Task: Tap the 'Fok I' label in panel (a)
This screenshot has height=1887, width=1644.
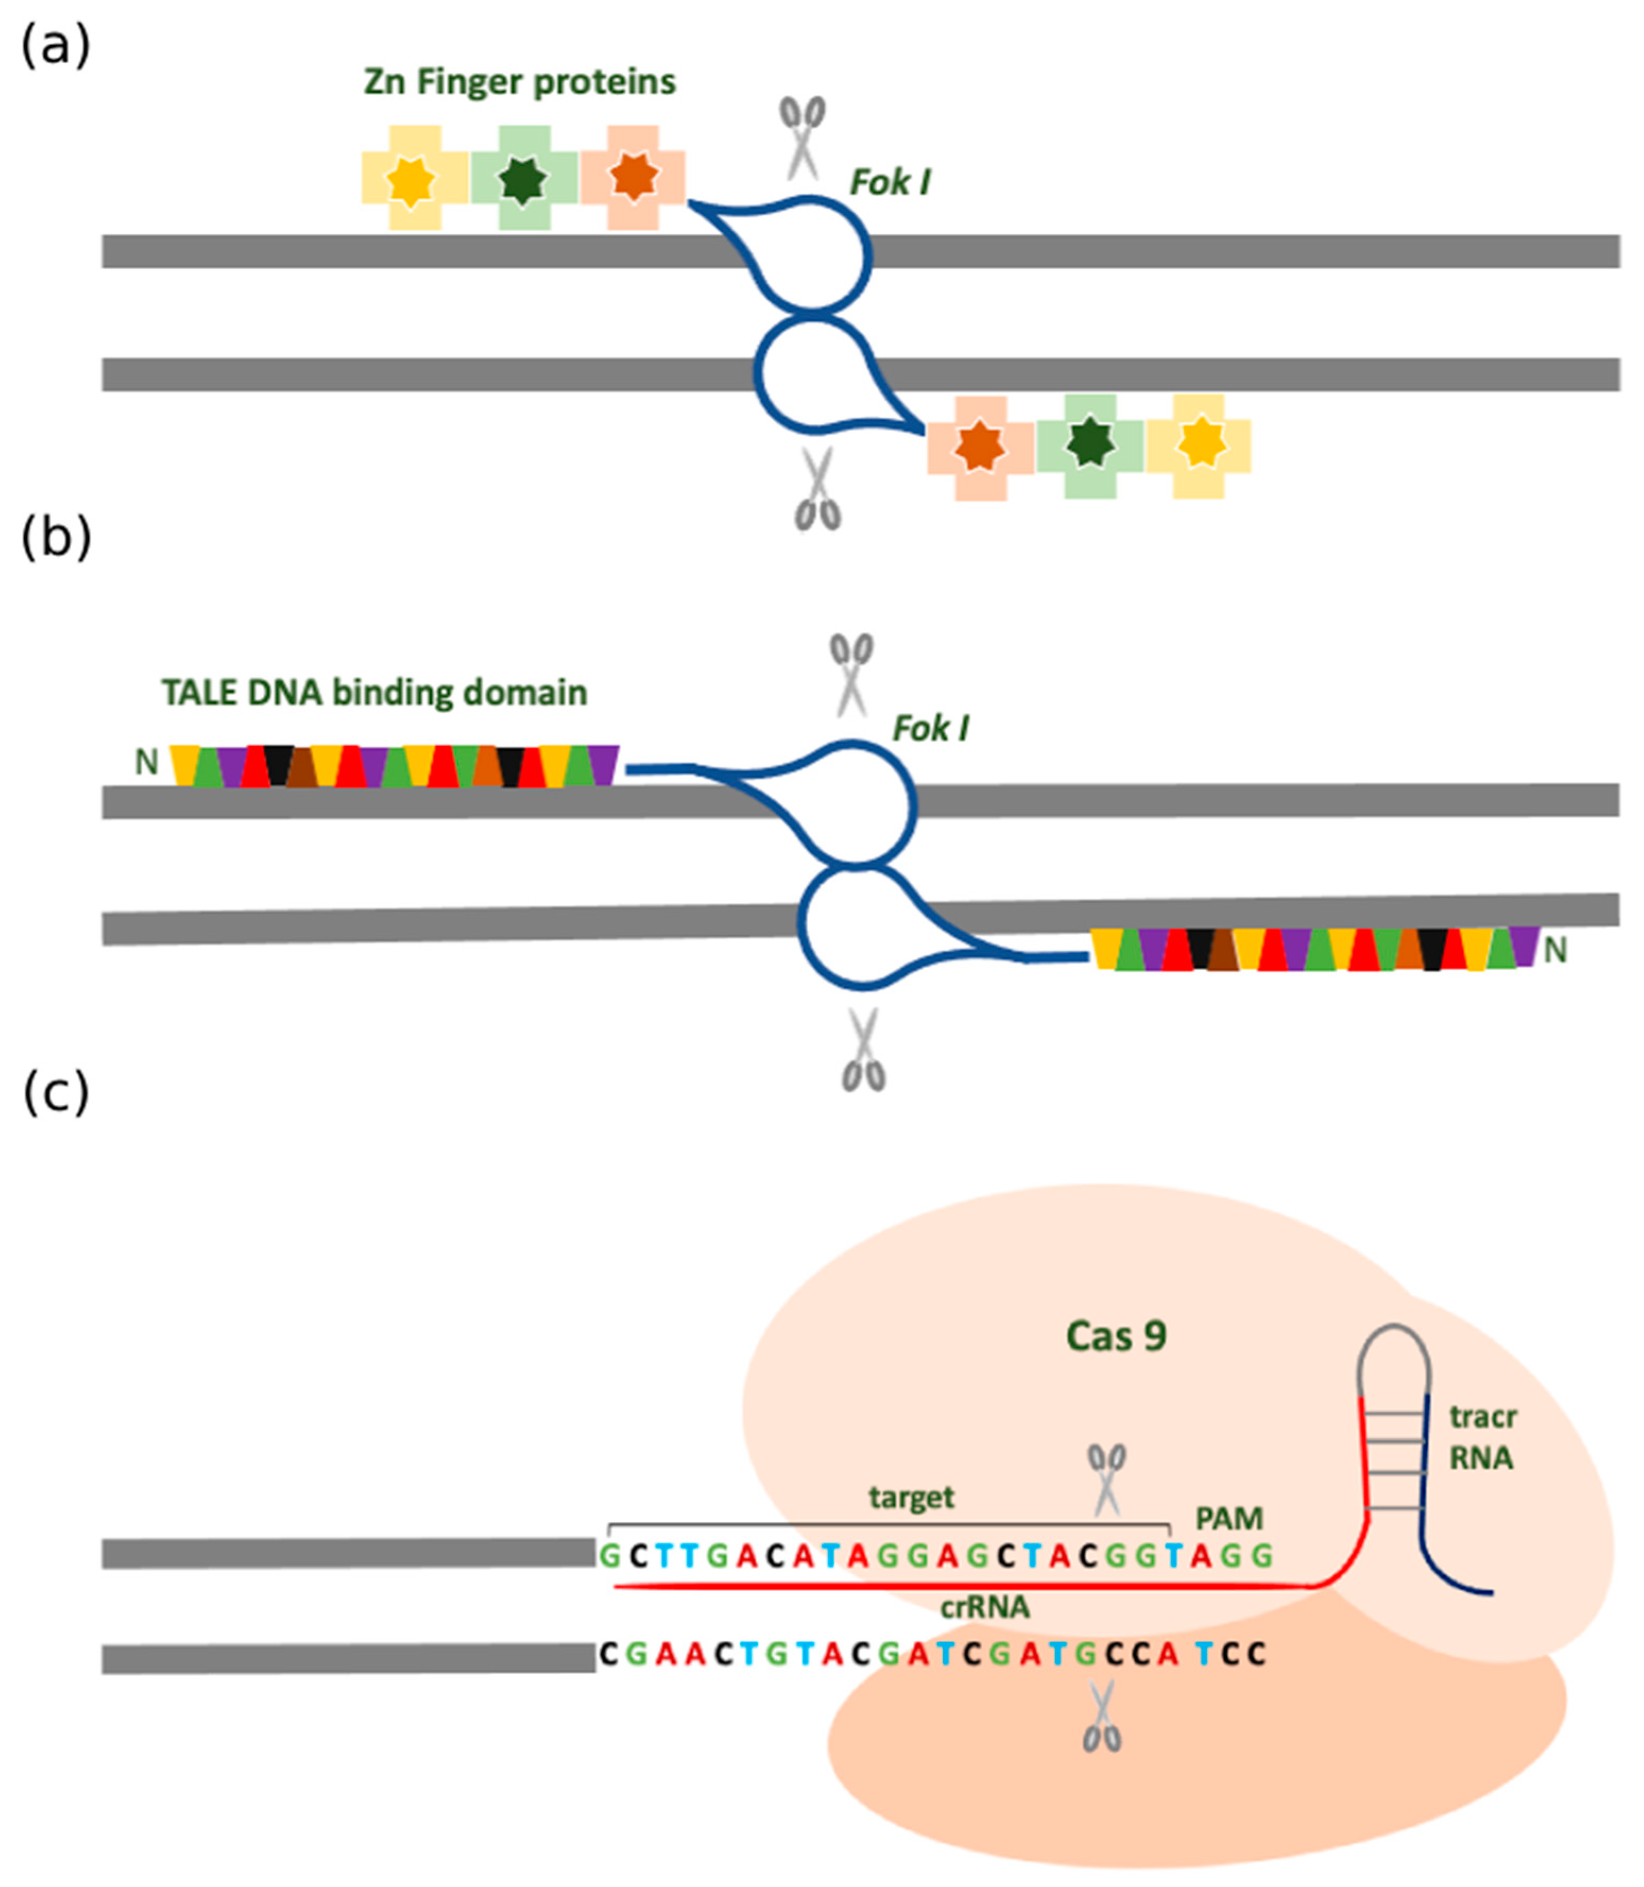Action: coord(890,183)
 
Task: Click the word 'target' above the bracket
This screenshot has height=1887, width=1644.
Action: coord(911,1497)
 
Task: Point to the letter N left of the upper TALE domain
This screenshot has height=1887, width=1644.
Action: coord(147,762)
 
